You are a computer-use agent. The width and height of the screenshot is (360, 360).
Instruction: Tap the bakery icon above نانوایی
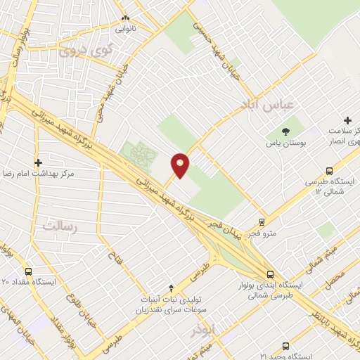[126, 18]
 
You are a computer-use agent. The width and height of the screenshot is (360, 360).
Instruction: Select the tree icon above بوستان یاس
[285, 131]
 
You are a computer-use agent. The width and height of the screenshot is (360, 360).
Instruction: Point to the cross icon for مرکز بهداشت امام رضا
[39, 162]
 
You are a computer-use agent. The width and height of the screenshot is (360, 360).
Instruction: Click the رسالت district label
[59, 226]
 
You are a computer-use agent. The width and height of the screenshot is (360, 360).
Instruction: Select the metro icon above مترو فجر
[262, 222]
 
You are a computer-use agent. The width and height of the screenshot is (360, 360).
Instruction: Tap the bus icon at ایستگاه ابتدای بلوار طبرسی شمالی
[270, 274]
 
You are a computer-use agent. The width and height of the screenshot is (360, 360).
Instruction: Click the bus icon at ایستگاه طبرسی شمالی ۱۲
[329, 170]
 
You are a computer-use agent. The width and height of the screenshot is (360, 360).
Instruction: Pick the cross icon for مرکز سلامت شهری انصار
[347, 122]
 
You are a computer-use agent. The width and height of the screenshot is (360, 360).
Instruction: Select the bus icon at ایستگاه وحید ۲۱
[285, 346]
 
